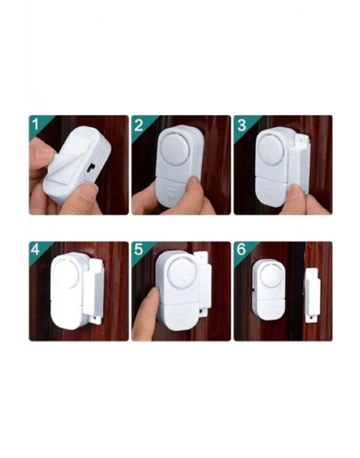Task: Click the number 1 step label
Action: pos(35,124)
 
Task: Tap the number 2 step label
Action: pos(139,125)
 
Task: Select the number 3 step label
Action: pos(242,125)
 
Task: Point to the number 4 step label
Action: pos(35,250)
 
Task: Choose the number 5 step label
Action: pos(138,250)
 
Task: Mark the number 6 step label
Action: pos(242,250)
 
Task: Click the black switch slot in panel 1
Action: pos(91,168)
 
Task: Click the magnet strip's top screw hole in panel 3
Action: pos(301,140)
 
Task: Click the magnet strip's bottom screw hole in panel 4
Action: pos(96,317)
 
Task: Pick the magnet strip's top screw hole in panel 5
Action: pos(202,256)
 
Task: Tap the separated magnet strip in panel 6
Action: pos(312,295)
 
